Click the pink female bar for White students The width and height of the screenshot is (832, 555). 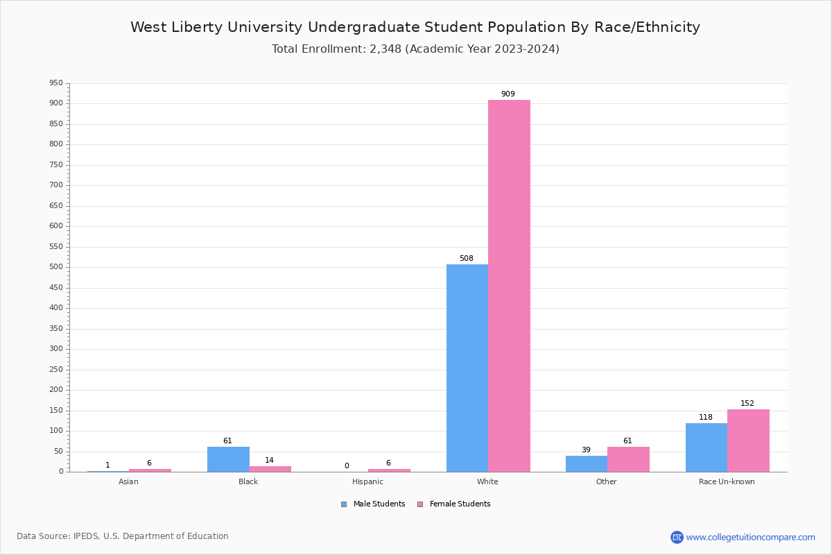click(x=509, y=286)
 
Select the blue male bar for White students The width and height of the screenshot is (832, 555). click(x=467, y=368)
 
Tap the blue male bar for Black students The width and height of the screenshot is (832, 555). click(x=228, y=459)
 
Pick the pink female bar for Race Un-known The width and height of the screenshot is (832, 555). click(x=748, y=441)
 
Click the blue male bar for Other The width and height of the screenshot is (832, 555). click(x=587, y=463)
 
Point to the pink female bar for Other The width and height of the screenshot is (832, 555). click(x=628, y=459)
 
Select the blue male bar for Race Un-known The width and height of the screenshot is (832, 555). click(x=707, y=447)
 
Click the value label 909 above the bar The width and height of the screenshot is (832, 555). click(x=508, y=94)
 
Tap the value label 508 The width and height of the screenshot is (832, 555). click(x=467, y=259)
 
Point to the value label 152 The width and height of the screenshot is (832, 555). click(x=747, y=404)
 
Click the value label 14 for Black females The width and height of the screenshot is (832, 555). click(x=269, y=461)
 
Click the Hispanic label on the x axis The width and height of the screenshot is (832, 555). click(x=367, y=481)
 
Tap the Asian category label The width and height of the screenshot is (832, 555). click(x=128, y=481)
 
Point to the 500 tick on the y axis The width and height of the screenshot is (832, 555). click(x=56, y=267)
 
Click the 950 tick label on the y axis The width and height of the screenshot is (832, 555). click(x=56, y=83)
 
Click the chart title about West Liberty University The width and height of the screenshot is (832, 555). click(x=415, y=28)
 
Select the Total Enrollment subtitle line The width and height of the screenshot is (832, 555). click(x=415, y=49)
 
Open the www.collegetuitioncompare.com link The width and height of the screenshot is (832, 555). click(x=750, y=537)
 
